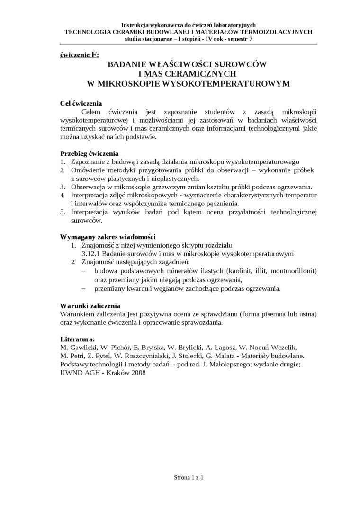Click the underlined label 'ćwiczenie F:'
[80, 55]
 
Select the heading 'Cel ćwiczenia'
[81, 103]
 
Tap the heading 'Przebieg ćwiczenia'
[89, 153]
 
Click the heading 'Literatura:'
[78, 339]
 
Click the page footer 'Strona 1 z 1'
[189, 478]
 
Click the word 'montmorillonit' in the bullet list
[293, 271]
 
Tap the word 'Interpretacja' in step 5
[92, 212]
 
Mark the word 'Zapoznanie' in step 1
[89, 162]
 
